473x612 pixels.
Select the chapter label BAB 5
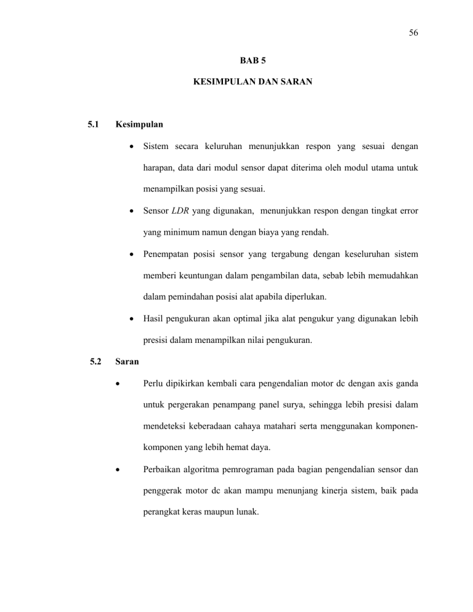[253, 62]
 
